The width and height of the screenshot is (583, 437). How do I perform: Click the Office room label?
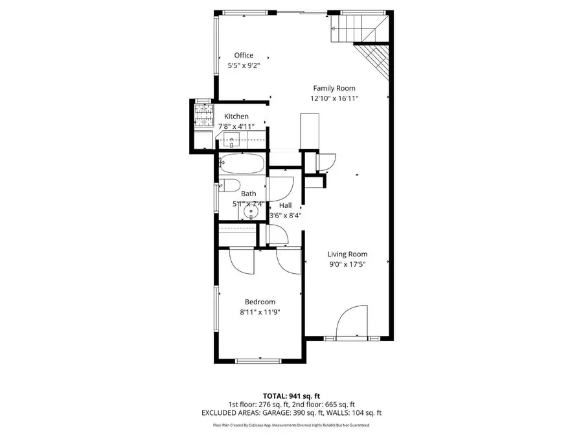point(244,56)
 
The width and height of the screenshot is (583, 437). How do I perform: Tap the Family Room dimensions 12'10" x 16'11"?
point(334,98)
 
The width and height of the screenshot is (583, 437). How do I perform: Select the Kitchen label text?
point(236,117)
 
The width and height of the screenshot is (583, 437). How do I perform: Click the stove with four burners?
point(203,116)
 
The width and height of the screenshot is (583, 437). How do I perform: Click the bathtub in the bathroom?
point(242,164)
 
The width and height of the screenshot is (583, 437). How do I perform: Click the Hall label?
point(285,205)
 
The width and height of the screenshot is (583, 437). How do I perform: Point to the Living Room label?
point(347,254)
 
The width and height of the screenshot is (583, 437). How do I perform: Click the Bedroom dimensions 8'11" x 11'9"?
point(260,312)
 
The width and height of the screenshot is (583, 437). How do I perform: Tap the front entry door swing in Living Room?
point(354,322)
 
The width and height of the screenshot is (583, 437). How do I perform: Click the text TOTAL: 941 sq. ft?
point(291,396)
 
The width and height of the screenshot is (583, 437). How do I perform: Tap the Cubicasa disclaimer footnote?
point(291,425)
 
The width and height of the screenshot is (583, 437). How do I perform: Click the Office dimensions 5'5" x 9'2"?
point(244,66)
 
